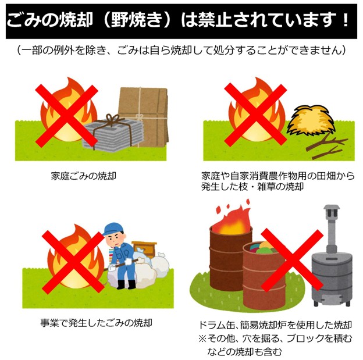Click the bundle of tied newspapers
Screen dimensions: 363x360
coord(113,134)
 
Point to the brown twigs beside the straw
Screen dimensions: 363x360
coord(327,147)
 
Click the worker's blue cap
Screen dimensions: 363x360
coord(113,229)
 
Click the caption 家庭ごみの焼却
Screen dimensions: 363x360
coord(84,176)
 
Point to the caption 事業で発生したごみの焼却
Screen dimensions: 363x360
coord(96,323)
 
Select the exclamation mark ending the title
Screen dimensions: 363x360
coord(346,20)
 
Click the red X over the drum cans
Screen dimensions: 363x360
coord(292,260)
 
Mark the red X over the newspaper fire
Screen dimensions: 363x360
coord(66,116)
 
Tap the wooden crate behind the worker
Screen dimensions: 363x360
coord(145,249)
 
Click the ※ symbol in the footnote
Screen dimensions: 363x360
coord(202,338)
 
